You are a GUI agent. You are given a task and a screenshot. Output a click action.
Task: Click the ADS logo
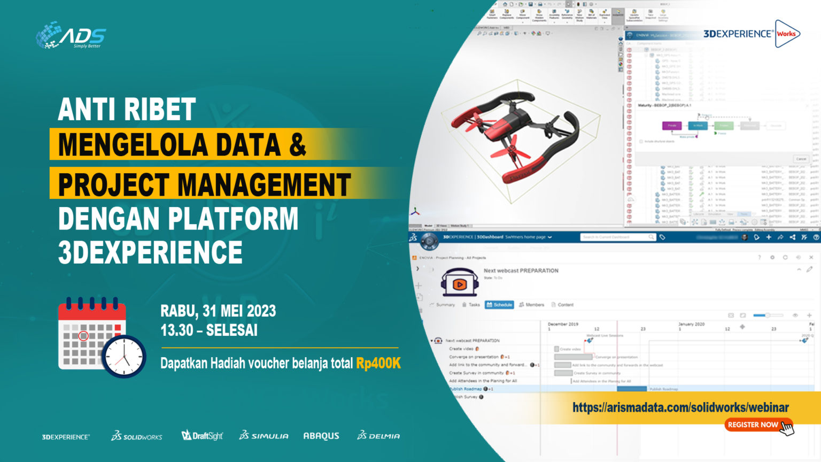(71, 35)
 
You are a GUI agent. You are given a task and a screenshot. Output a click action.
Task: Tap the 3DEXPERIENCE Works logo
(751, 34)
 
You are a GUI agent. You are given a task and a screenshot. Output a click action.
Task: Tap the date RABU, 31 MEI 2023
(218, 311)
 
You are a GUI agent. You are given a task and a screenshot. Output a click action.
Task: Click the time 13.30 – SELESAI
(209, 330)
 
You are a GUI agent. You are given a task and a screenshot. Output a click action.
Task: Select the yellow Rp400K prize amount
(378, 364)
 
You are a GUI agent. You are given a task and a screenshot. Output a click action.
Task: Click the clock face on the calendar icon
(124, 357)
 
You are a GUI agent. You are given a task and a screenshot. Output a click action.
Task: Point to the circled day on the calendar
(83, 336)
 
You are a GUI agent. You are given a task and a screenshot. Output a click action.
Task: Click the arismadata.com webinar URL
(680, 407)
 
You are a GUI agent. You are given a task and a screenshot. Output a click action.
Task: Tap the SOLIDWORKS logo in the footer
(137, 436)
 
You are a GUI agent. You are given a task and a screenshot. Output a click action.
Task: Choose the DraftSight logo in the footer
(202, 436)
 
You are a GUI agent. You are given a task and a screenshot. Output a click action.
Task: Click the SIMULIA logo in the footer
(264, 436)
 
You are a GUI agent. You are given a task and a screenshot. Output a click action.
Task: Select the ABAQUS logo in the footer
(321, 436)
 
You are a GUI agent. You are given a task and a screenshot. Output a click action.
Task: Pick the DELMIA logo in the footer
(378, 436)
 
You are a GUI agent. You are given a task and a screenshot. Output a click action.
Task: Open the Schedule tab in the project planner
(499, 305)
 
